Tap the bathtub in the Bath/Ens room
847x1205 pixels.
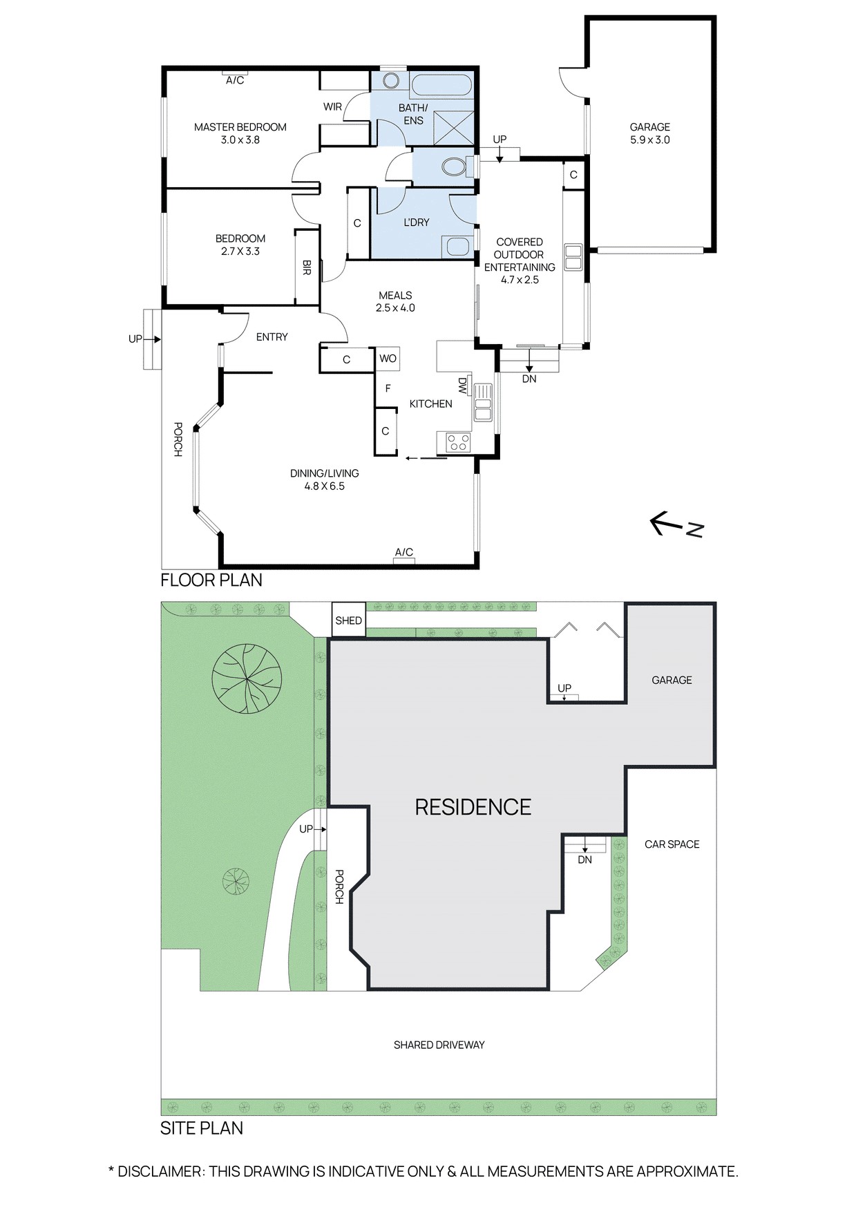pyautogui.click(x=441, y=86)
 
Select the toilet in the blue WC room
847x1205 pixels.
pyautogui.click(x=453, y=167)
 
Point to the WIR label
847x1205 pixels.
pyautogui.click(x=332, y=107)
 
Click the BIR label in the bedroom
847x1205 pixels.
pyautogui.click(x=307, y=267)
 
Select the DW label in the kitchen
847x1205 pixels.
pyautogui.click(x=462, y=386)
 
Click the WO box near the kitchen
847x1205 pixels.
pyautogui.click(x=388, y=359)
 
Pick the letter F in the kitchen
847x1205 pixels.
pyautogui.click(x=388, y=389)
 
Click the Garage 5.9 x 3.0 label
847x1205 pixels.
pyautogui.click(x=649, y=133)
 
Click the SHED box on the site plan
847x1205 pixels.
pyautogui.click(x=348, y=620)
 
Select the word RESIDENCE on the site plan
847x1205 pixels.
pyautogui.click(x=473, y=807)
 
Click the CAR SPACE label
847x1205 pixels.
pyautogui.click(x=672, y=844)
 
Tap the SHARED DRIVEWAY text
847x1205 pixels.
pyautogui.click(x=439, y=1045)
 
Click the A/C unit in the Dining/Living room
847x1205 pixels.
pyautogui.click(x=404, y=560)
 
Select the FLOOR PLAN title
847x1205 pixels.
pyautogui.click(x=211, y=580)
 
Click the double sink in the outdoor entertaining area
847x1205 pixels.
pyautogui.click(x=573, y=257)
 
